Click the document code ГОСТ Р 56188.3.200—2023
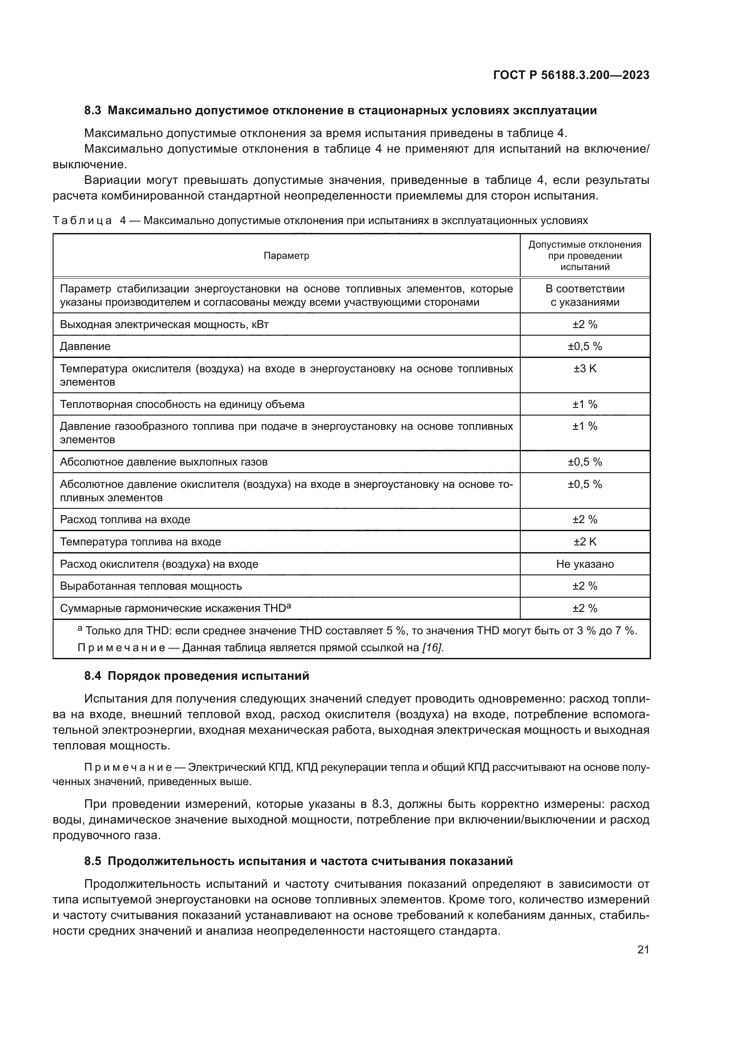click(571, 75)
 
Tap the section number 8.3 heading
click(93, 111)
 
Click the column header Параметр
click(286, 256)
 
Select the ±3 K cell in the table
click(585, 369)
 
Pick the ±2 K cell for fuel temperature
click(585, 541)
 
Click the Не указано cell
click(585, 564)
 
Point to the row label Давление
click(85, 346)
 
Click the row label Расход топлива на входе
click(125, 519)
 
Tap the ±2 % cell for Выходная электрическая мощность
click(585, 324)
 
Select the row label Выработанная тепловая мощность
click(151, 586)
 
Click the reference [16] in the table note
click(432, 648)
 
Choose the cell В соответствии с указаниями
click(585, 295)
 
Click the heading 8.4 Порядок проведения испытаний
click(196, 676)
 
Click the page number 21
click(643, 949)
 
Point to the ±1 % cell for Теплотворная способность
click(585, 404)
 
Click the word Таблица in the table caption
click(82, 221)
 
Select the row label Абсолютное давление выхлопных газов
click(164, 462)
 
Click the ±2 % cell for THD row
click(585, 608)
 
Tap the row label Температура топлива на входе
click(141, 541)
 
